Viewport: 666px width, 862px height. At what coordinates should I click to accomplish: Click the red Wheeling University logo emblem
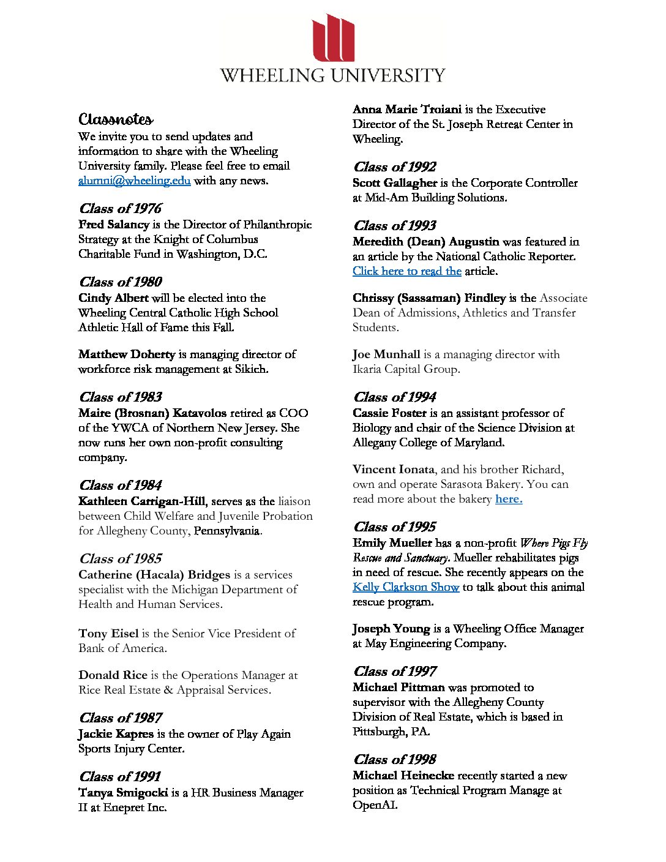coord(333,38)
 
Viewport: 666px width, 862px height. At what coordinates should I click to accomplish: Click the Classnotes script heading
coord(116,119)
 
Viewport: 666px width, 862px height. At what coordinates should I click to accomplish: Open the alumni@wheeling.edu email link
coord(134,181)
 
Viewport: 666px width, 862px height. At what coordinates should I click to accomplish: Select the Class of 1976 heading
coord(120,209)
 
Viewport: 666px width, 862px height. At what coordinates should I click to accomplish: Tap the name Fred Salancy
coord(114,225)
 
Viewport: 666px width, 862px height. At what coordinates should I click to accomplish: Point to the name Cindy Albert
coord(113,298)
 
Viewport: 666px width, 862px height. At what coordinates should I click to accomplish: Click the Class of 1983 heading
coord(120,397)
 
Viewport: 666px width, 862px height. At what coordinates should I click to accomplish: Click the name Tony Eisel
coord(108,634)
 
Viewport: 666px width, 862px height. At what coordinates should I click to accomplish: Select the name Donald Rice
coord(113,675)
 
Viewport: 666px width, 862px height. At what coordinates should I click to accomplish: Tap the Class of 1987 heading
coord(120,718)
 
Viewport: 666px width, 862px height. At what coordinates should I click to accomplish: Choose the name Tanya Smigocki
coord(123,793)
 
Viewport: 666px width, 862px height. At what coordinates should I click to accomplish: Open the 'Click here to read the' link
coord(406,271)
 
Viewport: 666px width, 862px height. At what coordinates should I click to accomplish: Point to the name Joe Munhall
coord(386,354)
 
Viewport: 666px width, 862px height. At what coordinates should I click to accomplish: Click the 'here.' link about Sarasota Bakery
coord(509,499)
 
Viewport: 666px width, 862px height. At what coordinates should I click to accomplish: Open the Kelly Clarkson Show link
coord(405,587)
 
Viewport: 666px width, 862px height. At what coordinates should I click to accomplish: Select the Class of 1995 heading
coord(394,527)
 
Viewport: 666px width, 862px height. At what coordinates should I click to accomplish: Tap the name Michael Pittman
coord(398,688)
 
